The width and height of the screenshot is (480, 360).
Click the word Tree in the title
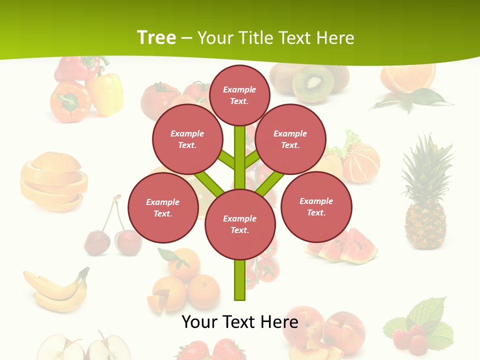[x=156, y=37]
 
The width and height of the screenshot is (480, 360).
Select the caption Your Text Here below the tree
[x=239, y=321]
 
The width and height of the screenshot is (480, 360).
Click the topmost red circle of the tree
[x=239, y=95]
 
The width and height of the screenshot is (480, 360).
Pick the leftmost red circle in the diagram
[x=163, y=208]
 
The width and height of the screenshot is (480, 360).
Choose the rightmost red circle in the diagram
[x=316, y=206]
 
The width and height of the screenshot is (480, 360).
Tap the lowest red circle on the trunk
[x=240, y=224]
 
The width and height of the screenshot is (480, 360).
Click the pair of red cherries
[x=112, y=240]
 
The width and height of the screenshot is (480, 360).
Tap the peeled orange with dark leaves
[x=407, y=80]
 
